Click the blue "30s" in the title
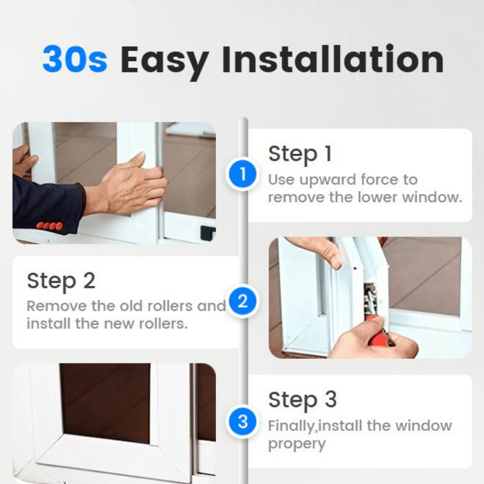coord(74,59)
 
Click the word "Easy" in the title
coord(164,59)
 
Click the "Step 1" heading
coord(300,154)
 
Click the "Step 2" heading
coord(61,281)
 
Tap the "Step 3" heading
coord(302,399)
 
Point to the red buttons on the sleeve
coord(50,226)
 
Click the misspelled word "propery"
coord(296,444)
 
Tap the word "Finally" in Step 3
coord(291,425)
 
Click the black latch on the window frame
coord(208,232)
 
